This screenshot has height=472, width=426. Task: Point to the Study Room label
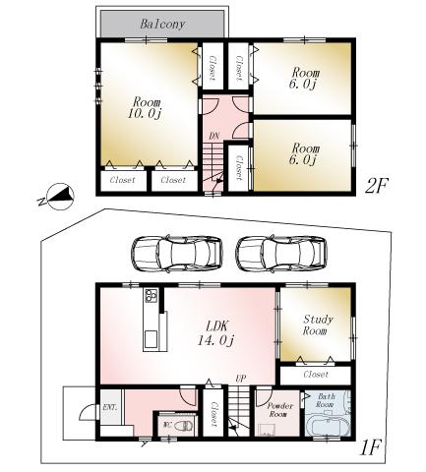click(316, 325)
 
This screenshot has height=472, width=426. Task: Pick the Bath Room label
click(327, 404)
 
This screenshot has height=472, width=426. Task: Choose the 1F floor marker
click(371, 448)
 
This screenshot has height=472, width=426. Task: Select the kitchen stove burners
click(152, 297)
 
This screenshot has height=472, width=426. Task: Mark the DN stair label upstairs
click(213, 137)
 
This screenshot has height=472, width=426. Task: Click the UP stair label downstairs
click(240, 379)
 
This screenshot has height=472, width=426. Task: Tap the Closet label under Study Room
click(315, 375)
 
